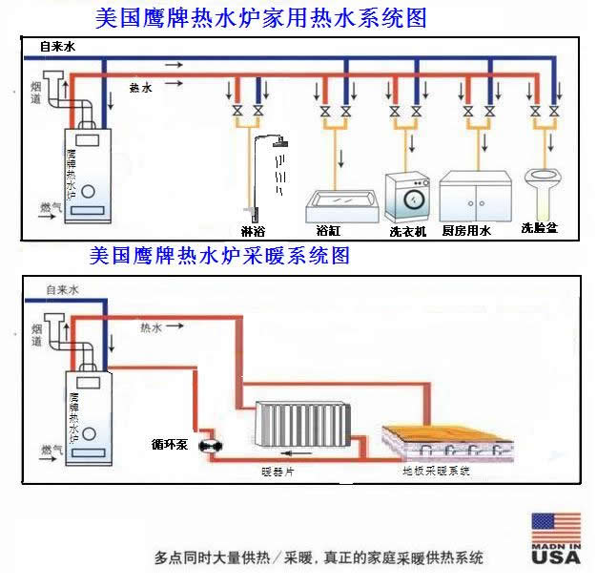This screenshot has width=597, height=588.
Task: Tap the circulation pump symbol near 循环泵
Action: pos(209,445)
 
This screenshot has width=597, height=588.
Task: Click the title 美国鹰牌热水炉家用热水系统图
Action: pos(260,18)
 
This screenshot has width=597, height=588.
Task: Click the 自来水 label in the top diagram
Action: pos(56,47)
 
